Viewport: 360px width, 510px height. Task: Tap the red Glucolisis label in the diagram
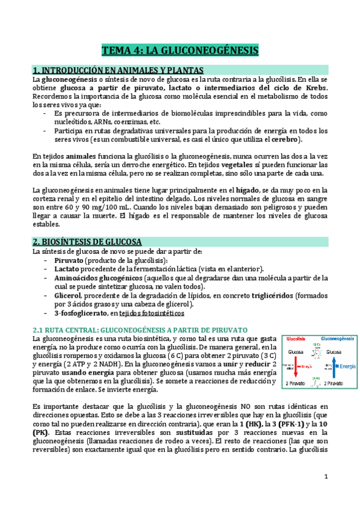pyautogui.click(x=296, y=339)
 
